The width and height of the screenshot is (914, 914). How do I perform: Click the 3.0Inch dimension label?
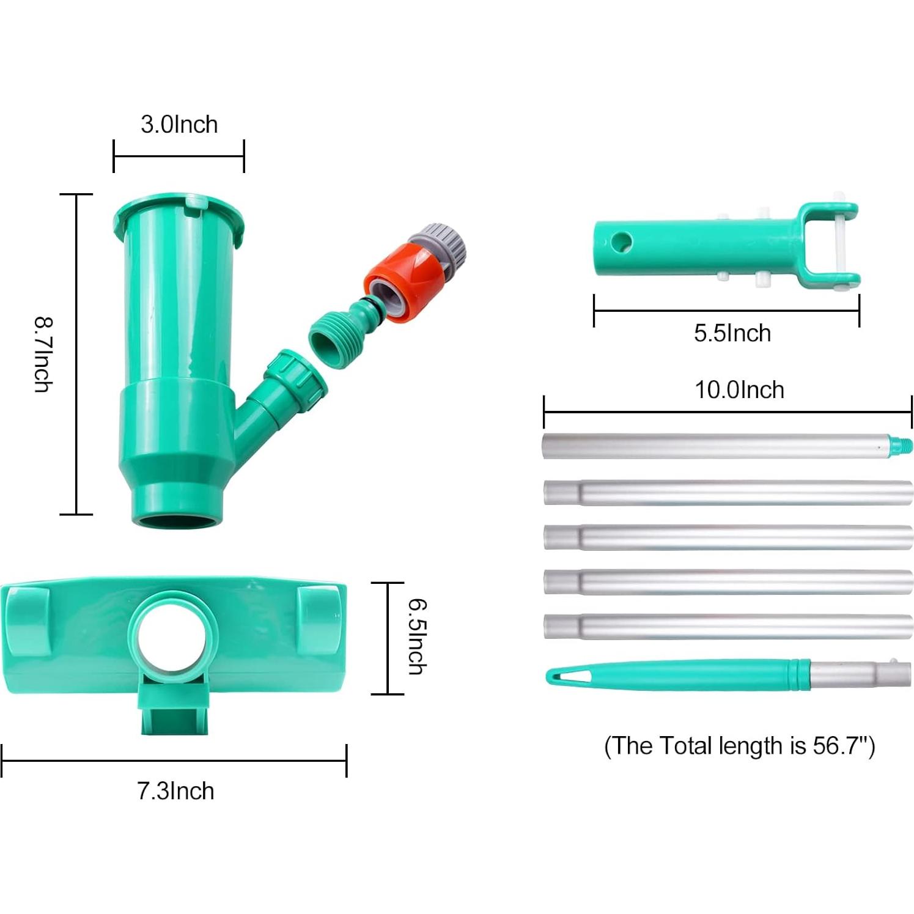[179, 124]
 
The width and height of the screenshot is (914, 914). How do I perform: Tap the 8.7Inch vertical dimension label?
[43, 354]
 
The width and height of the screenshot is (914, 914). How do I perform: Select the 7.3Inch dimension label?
[175, 791]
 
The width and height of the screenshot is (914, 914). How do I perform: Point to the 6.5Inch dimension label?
[418, 636]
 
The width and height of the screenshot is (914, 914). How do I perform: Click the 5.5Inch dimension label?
[732, 333]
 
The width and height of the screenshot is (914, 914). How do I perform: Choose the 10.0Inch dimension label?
[739, 390]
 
